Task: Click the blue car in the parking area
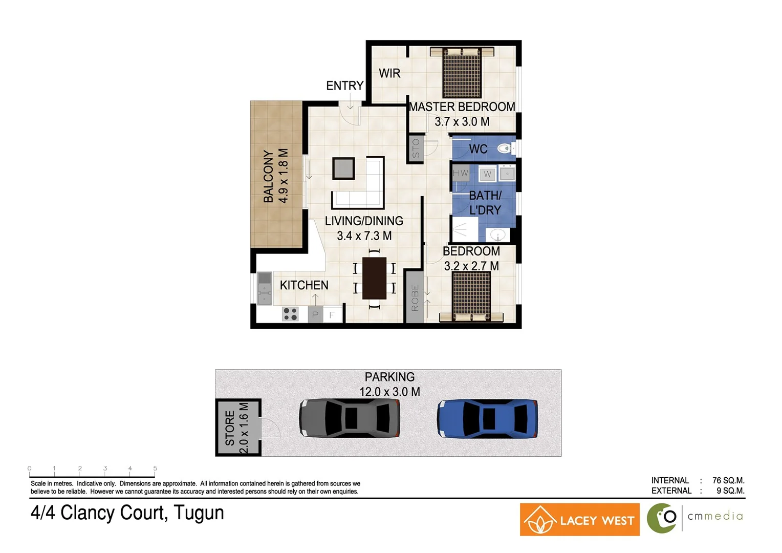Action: (487, 419)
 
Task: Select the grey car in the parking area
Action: (350, 418)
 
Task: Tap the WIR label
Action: (389, 74)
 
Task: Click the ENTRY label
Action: (344, 86)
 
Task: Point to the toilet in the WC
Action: (505, 149)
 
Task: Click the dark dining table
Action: (374, 278)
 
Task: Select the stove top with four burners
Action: (290, 314)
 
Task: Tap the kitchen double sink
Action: (264, 288)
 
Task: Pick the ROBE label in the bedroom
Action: (415, 298)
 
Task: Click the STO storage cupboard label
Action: (416, 148)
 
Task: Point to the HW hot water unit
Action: (460, 173)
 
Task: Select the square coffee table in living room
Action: (343, 168)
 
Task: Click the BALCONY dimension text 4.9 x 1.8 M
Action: (283, 176)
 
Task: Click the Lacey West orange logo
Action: (579, 520)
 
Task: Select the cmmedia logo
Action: (695, 517)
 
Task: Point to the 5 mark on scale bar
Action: (155, 469)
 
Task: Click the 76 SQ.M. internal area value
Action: (728, 480)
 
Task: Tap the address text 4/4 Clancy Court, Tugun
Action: (127, 513)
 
